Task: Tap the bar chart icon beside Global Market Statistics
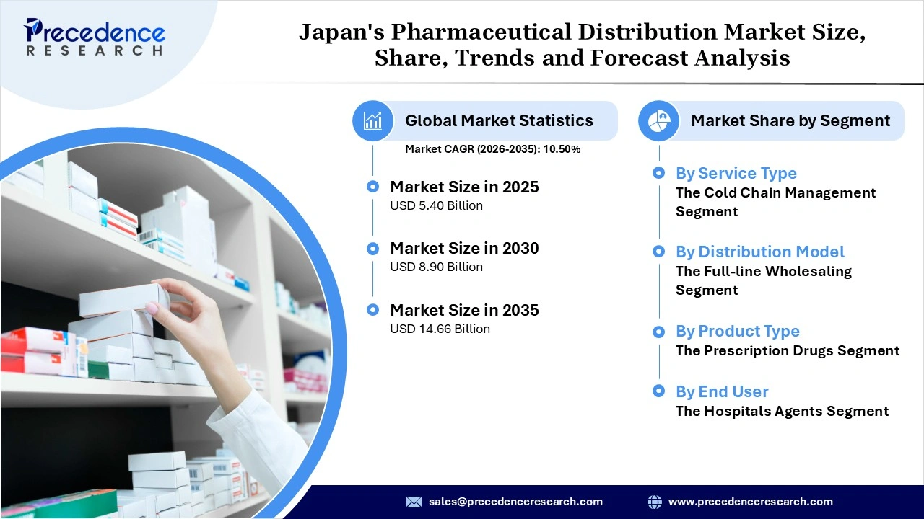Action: click(373, 120)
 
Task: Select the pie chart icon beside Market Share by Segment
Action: click(658, 120)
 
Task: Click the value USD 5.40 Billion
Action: click(436, 205)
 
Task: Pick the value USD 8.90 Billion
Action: click(436, 267)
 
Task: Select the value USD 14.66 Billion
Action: click(440, 329)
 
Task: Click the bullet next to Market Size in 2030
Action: click(372, 249)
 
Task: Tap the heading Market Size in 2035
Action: click(464, 310)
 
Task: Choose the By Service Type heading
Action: click(736, 173)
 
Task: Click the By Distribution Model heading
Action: click(759, 252)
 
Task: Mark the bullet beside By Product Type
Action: click(658, 332)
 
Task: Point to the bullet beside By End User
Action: click(658, 391)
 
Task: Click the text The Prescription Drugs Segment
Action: click(787, 351)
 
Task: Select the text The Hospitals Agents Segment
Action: click(782, 412)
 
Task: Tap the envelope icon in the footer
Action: click(414, 502)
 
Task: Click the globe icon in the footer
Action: click(655, 502)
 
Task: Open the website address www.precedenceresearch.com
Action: click(750, 502)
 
